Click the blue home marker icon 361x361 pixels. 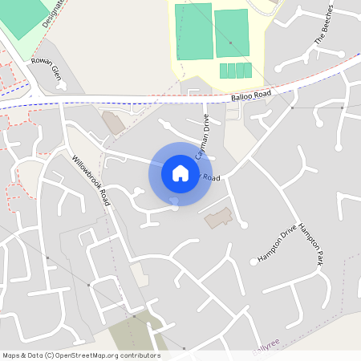(180, 173)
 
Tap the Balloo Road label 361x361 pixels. (251, 95)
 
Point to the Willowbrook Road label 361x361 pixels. (89, 180)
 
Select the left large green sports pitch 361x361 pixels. (194, 31)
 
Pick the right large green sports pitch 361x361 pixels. (232, 34)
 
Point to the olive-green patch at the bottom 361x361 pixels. (136, 332)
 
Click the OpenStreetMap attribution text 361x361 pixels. (81, 355)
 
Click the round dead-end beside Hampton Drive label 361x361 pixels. (254, 262)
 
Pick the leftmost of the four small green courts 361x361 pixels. (224, 71)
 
